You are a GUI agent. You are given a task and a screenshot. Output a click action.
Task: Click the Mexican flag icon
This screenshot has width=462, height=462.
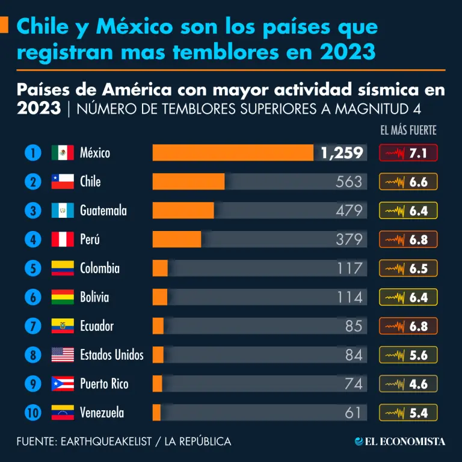point(63,153)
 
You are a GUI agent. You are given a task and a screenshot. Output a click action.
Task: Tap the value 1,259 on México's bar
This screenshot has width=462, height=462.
point(342,153)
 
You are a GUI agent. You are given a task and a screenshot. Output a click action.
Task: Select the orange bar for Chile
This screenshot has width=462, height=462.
point(188,182)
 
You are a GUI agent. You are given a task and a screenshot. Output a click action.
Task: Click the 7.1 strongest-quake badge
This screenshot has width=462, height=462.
point(408,153)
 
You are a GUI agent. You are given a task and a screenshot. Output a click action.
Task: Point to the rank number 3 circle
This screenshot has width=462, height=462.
point(32,211)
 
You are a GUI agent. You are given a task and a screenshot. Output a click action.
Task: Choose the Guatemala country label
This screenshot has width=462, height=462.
point(103,211)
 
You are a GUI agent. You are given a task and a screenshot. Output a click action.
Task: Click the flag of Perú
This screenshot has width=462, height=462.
point(63,239)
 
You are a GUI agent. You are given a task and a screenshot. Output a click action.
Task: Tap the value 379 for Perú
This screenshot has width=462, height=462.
point(349,239)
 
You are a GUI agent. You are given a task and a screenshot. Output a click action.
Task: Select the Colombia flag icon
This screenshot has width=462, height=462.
point(63,268)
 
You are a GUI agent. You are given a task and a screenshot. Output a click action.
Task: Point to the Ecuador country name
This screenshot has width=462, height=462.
point(97,326)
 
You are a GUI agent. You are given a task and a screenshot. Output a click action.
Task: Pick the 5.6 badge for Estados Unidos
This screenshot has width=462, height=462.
point(408,355)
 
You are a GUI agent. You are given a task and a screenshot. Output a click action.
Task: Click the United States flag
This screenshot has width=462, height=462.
point(63,355)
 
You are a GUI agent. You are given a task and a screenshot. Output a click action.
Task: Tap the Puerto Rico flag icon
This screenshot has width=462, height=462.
point(63,384)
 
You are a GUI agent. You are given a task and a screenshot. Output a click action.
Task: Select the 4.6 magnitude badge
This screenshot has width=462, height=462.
point(408,384)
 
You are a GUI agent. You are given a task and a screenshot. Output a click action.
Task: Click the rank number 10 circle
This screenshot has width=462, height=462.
point(32,413)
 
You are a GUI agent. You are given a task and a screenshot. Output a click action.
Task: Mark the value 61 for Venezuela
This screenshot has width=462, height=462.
point(353,413)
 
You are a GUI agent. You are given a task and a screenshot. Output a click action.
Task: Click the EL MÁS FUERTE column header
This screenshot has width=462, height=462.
point(408,130)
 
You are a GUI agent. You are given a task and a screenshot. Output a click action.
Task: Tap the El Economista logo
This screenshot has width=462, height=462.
point(400,442)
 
